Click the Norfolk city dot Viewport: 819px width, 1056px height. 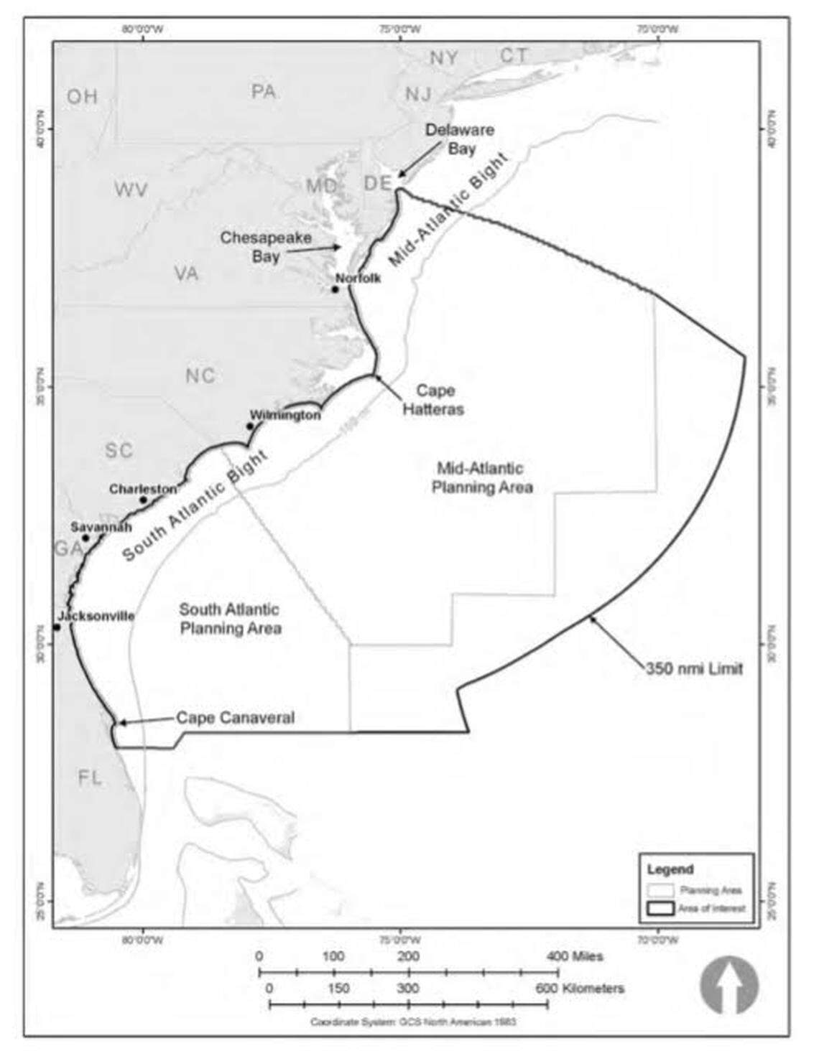coord(335,289)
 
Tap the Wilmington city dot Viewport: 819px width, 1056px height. coord(250,426)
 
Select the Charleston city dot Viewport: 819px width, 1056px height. coord(144,500)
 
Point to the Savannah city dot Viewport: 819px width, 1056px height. coord(85,538)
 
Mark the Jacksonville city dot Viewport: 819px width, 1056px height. coord(57,627)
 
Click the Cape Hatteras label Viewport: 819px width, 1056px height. coord(433,400)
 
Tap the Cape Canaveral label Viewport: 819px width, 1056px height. coord(235,718)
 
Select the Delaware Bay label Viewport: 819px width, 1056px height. coord(460,139)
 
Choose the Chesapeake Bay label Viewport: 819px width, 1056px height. coord(266,246)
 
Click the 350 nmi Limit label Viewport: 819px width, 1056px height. coord(694,669)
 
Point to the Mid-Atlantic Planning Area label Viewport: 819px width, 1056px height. coord(481,478)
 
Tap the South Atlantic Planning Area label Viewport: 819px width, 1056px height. coord(230,619)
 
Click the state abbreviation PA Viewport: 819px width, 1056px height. coord(264,92)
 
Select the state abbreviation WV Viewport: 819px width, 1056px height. coord(131,190)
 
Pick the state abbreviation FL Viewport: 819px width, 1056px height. coord(91,777)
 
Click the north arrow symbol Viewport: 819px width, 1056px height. coord(729,985)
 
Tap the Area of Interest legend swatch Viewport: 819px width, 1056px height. coord(661,908)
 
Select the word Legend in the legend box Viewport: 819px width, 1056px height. coord(670,869)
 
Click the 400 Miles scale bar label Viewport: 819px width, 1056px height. coord(575,956)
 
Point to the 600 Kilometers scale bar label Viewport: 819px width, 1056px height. coord(580,989)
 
